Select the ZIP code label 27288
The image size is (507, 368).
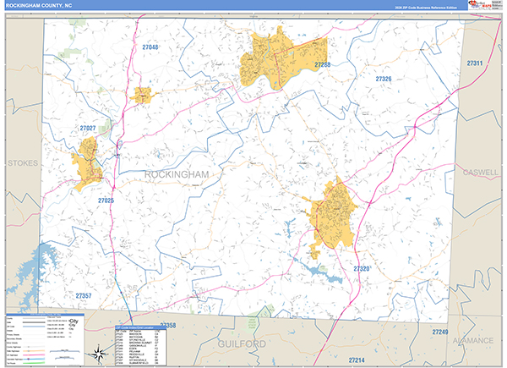point(322,64)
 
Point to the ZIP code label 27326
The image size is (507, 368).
point(384,79)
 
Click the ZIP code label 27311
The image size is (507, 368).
point(474,63)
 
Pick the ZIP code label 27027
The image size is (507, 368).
point(88,128)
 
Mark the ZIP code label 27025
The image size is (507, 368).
point(106,200)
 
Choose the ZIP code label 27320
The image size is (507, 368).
point(362,268)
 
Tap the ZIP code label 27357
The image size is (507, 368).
point(84,295)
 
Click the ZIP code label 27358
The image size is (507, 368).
point(167,325)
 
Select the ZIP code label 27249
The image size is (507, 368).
point(439,332)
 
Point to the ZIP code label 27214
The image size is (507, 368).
point(357,360)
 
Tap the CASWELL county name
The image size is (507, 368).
point(482,172)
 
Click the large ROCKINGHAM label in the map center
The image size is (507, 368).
point(177,173)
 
